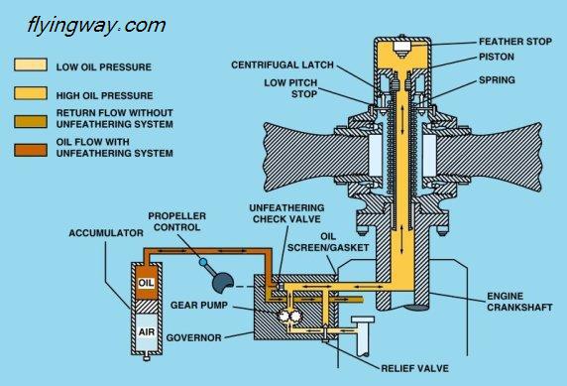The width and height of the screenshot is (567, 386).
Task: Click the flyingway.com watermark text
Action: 96,26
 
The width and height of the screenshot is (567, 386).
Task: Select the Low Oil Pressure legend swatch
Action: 31,64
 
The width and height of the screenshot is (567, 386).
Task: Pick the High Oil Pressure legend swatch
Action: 31,93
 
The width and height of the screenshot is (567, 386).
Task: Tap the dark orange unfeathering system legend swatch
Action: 31,150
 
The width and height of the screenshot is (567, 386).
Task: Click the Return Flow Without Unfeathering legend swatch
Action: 31,122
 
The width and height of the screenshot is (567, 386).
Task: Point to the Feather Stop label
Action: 515,42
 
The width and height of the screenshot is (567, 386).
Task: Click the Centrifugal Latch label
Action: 283,64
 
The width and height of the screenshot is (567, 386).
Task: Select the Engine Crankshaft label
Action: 519,302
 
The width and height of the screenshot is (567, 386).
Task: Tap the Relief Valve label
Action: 414,368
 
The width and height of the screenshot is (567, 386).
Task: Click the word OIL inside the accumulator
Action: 146,283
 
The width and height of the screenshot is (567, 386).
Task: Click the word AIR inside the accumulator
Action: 146,331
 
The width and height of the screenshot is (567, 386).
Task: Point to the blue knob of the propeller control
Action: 203,262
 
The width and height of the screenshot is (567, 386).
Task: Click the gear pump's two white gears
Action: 288,316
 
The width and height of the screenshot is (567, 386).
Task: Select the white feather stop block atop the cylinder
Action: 401,48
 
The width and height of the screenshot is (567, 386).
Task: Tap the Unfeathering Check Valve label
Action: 286,213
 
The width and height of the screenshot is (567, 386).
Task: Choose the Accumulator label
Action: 106,233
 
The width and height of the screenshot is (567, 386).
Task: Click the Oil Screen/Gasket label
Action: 328,242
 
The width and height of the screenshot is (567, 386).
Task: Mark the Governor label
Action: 194,337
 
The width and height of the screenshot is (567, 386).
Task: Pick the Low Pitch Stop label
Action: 290,88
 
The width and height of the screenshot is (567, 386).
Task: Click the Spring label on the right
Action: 497,80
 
